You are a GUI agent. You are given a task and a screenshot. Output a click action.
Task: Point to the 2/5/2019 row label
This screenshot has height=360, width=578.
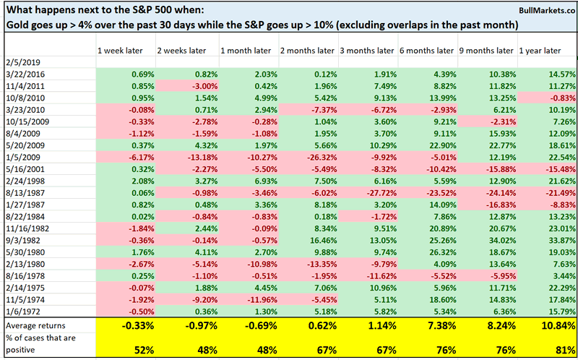click(20, 63)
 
